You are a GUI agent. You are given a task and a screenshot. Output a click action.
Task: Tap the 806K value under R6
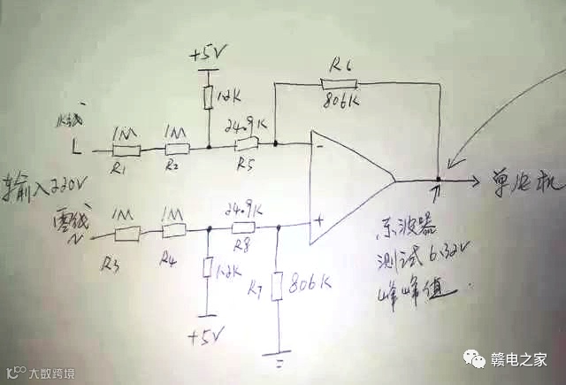(341, 99)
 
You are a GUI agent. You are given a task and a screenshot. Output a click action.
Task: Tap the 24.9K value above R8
(245, 212)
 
